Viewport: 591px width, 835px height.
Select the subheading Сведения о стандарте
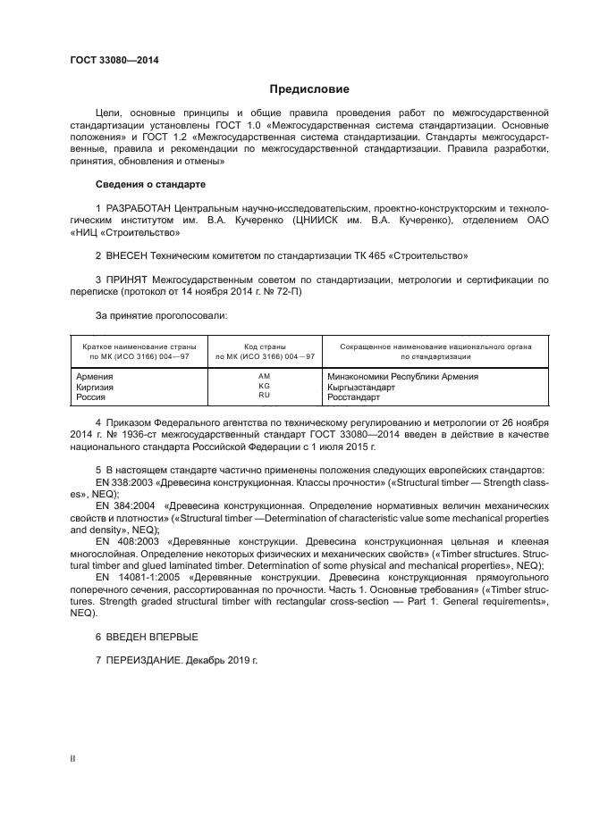tap(150, 184)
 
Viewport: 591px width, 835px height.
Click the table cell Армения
tap(95, 376)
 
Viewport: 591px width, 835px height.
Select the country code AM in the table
tap(264, 376)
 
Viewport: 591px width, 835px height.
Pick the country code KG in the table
tap(264, 386)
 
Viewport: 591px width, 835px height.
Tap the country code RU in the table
tap(264, 395)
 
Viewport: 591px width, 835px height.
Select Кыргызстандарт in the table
tap(366, 386)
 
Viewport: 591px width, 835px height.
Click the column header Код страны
tap(264, 346)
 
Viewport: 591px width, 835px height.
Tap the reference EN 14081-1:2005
tap(133, 577)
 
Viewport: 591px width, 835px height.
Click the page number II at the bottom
tap(72, 759)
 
